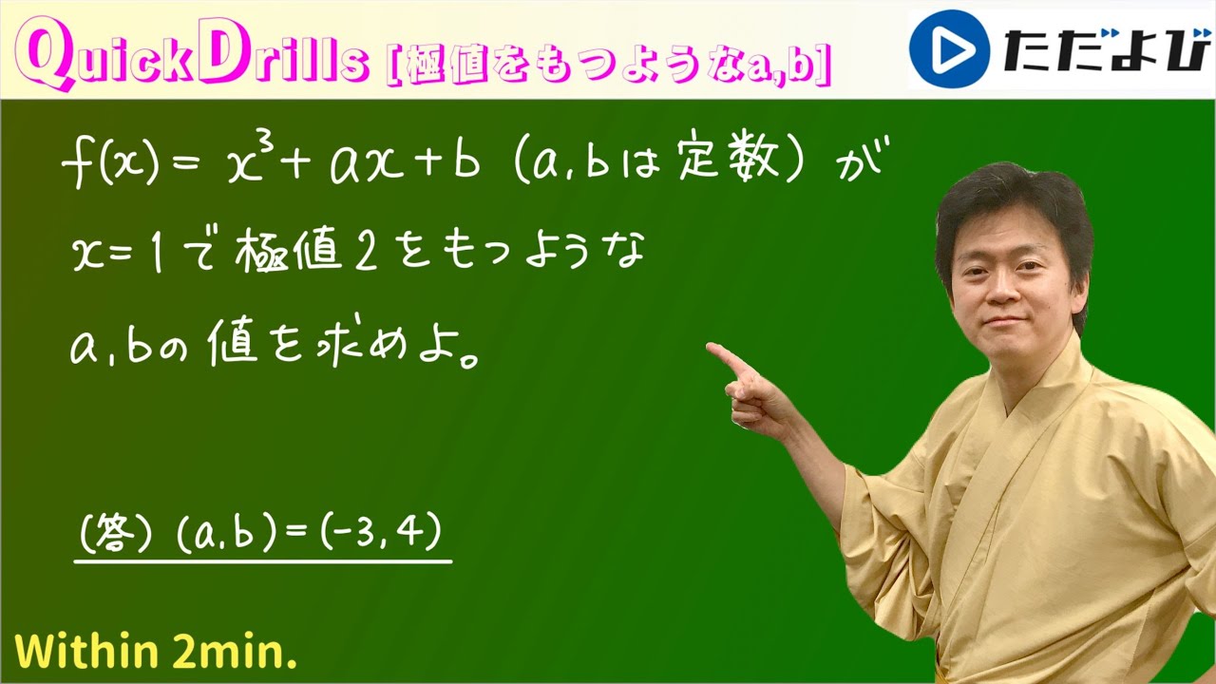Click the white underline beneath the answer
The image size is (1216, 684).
tap(263, 561)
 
